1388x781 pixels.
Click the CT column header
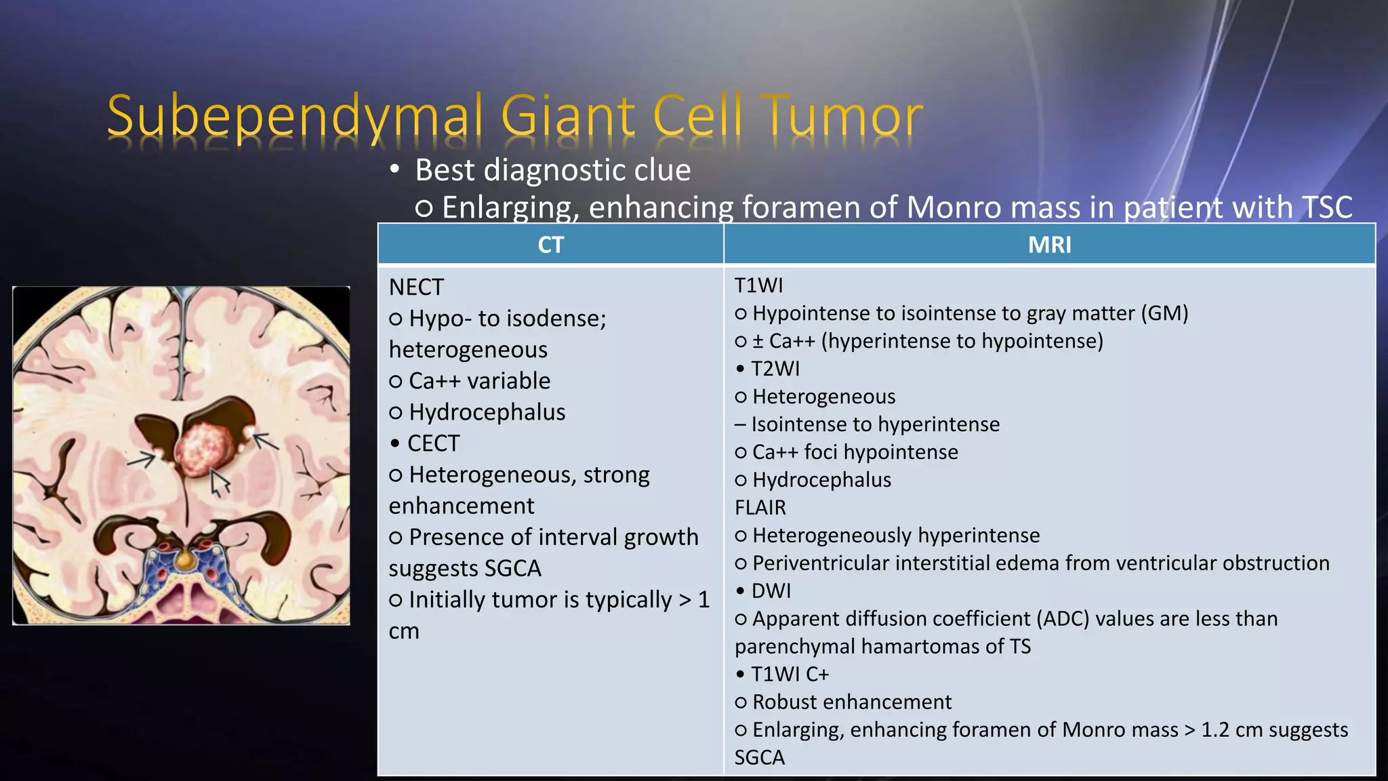click(x=550, y=245)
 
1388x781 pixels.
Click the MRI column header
click(x=1049, y=245)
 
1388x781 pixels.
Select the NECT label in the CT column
click(x=416, y=287)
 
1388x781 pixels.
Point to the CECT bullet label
click(x=433, y=443)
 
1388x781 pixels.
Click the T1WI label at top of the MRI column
click(x=758, y=285)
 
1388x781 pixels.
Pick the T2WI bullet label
click(x=775, y=369)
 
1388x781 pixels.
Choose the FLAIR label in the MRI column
click(x=760, y=508)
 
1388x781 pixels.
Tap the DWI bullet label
click(x=771, y=591)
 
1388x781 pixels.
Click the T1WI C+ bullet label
click(x=790, y=675)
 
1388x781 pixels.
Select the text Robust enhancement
click(x=852, y=702)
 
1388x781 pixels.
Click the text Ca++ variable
click(x=479, y=381)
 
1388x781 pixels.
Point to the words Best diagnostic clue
click(x=552, y=170)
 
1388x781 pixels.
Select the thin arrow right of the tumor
click(x=266, y=441)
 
